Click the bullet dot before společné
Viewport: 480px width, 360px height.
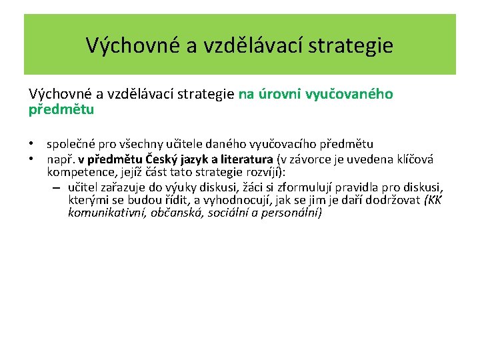31,144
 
